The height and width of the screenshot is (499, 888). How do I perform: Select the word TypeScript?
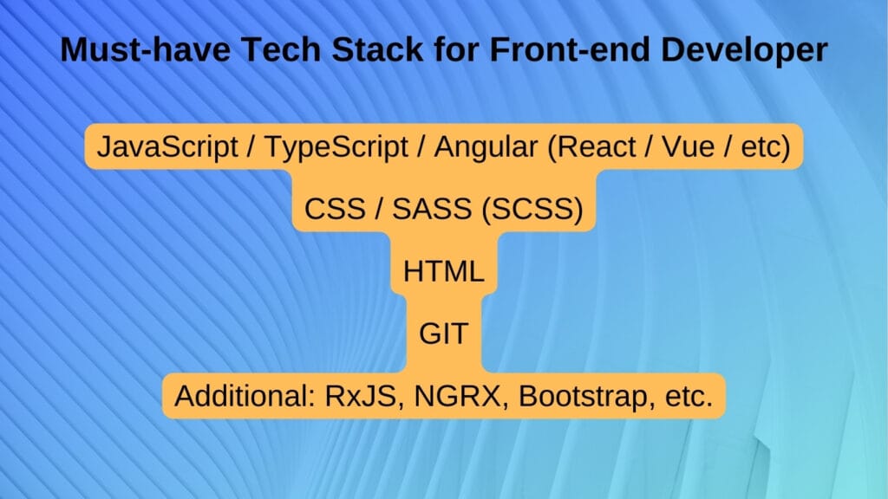coord(335,147)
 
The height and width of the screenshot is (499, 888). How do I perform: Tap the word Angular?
coord(486,147)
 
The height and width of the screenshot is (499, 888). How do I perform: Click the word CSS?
coord(333,210)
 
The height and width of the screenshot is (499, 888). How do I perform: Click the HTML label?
coord(443,272)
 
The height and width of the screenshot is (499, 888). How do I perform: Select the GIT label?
coord(443,334)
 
